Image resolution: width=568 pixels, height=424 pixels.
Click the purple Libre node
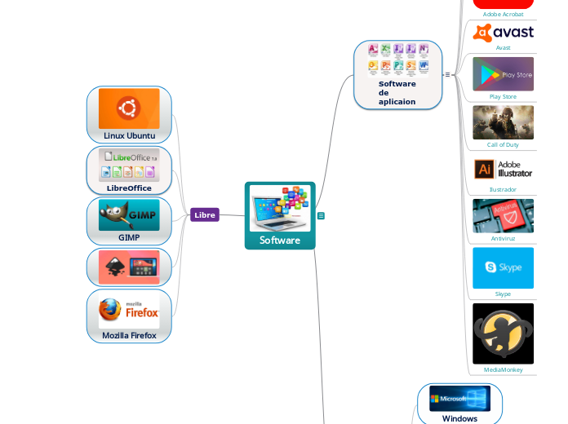pos(205,215)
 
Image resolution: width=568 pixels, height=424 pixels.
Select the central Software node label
pos(280,241)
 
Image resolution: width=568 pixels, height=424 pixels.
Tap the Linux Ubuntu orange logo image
pos(129,108)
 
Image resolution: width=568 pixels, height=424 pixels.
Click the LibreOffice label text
pos(129,188)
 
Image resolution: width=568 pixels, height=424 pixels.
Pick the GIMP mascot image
pos(129,215)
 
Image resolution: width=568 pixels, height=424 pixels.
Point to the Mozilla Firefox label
pos(129,335)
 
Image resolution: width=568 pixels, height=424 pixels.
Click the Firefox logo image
pos(129,311)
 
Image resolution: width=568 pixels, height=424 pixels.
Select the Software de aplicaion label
pos(397,93)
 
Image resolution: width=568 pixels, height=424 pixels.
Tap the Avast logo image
pos(504,32)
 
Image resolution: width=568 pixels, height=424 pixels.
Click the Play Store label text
pos(503,97)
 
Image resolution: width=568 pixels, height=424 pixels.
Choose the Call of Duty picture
pos(504,122)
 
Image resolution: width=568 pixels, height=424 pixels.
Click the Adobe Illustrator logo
pos(504,170)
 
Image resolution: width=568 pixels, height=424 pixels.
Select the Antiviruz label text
pos(503,239)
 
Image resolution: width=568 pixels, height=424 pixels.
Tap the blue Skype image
pos(504,267)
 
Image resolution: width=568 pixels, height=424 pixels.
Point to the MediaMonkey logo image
pos(504,333)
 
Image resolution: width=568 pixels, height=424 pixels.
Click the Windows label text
pos(459,419)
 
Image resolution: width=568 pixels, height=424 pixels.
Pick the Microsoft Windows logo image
pos(459,399)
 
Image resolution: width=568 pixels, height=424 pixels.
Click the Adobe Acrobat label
pos(503,14)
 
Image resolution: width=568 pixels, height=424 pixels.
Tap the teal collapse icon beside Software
pos(322,215)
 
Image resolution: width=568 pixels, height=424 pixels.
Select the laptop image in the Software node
pos(280,207)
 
